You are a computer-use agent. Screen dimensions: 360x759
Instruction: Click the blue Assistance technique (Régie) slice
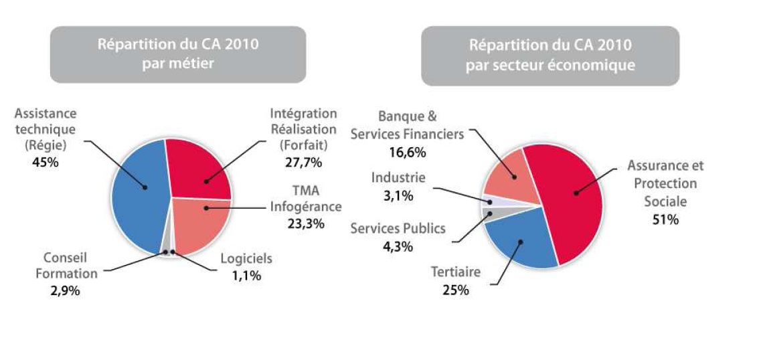click(x=137, y=194)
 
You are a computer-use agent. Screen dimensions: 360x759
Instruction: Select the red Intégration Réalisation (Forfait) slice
click(x=197, y=171)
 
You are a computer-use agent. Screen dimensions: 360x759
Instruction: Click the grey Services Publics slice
click(x=490, y=214)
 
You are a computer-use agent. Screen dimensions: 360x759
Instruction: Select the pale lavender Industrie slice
click(x=489, y=201)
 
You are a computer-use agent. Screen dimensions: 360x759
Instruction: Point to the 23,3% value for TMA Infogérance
click(x=306, y=223)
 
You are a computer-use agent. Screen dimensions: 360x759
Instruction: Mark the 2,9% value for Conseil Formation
click(x=65, y=290)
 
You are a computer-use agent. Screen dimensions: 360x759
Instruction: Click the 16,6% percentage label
click(x=407, y=151)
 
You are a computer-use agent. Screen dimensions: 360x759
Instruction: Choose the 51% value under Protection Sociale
click(x=665, y=219)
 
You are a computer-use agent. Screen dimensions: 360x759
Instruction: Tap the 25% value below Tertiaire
click(x=456, y=290)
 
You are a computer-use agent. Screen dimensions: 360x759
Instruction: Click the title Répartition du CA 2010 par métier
click(x=178, y=54)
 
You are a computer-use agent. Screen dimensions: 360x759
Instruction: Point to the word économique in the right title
click(x=598, y=65)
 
